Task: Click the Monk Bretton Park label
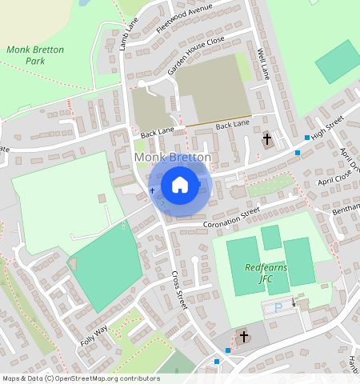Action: tap(35, 54)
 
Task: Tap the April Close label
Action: tap(334, 177)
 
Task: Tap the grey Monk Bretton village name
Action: tap(174, 158)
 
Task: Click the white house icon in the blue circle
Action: tap(180, 186)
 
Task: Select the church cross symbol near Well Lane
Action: tap(267, 141)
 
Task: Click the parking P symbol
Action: tap(278, 307)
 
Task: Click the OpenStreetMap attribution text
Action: tap(80, 378)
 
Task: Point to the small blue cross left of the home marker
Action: tap(152, 191)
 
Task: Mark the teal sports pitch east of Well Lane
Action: tap(338, 61)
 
